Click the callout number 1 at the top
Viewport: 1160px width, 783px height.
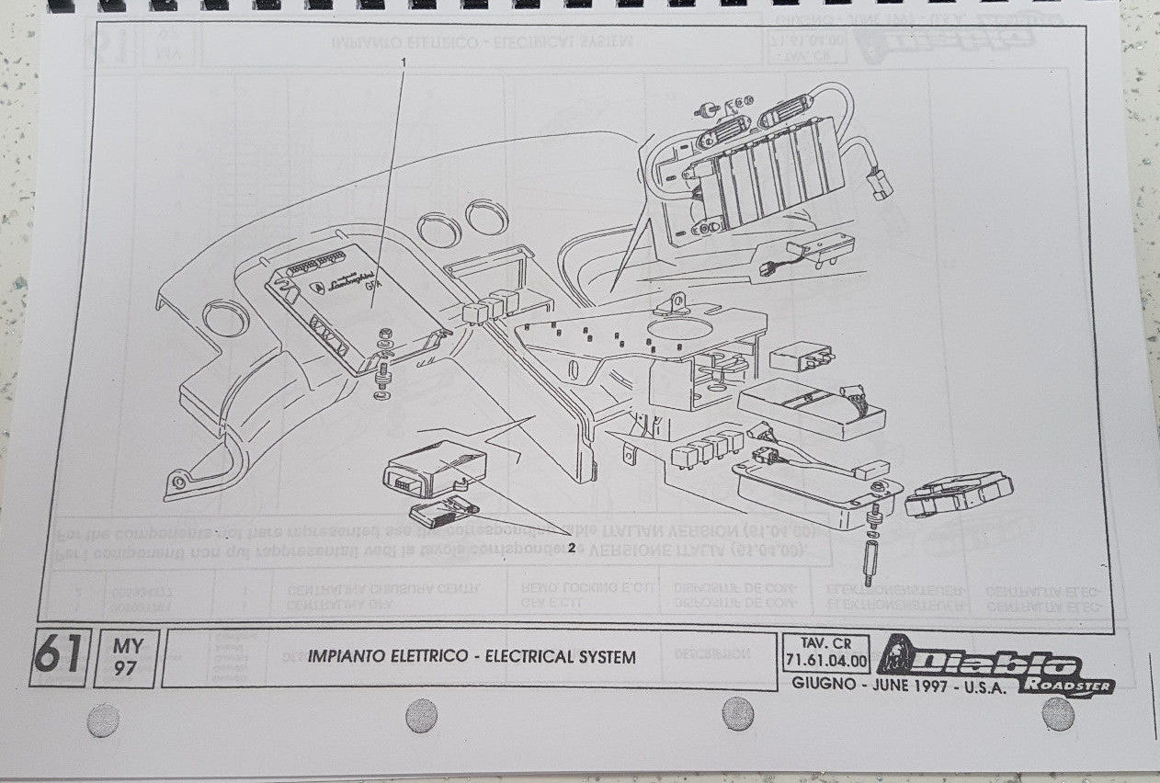point(403,61)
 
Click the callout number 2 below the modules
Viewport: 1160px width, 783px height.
point(571,548)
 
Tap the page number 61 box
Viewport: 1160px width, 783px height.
point(59,658)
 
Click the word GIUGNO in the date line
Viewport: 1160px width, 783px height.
point(825,685)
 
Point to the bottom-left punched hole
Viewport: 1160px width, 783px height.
point(103,720)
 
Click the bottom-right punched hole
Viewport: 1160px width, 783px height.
point(1058,713)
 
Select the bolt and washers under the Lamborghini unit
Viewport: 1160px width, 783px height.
point(381,368)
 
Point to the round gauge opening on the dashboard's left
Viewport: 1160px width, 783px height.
point(225,319)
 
